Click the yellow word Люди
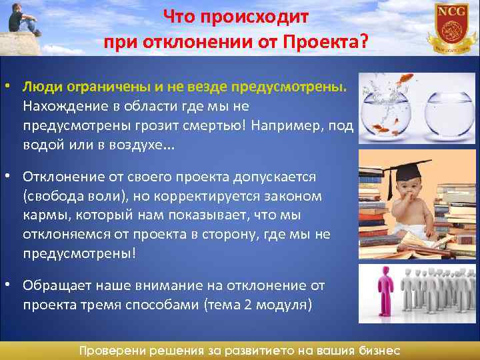pyautogui.click(x=41, y=87)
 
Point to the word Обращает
pyautogui.click(x=57, y=285)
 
